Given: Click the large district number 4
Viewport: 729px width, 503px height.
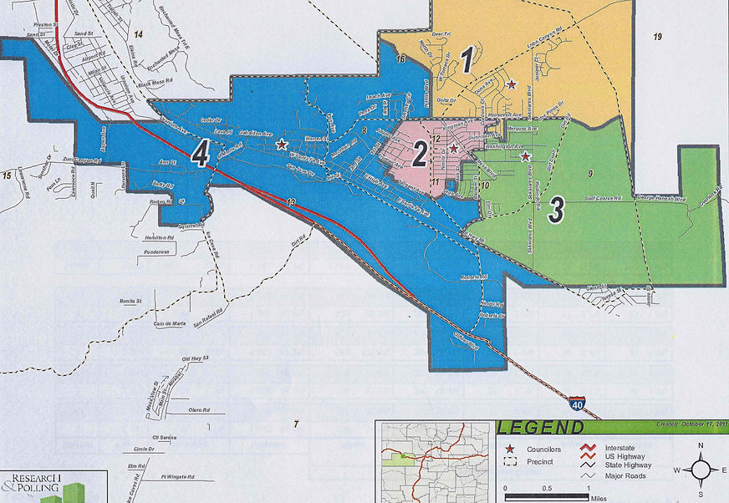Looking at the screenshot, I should pyautogui.click(x=200, y=153).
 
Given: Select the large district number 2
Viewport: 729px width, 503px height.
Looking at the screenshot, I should pyautogui.click(x=420, y=154).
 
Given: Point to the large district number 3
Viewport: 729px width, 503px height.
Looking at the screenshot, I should pyautogui.click(x=555, y=211).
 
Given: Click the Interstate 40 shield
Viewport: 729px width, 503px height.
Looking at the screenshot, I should pyautogui.click(x=579, y=405).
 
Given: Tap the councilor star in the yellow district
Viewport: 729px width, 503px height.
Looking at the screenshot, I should pyautogui.click(x=510, y=84).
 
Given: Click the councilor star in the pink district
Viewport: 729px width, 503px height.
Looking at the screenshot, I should pyautogui.click(x=453, y=148).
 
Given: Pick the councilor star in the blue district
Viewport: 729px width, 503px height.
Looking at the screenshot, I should pyautogui.click(x=282, y=144).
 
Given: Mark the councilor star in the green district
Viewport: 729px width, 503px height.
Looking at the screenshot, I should pyautogui.click(x=525, y=156).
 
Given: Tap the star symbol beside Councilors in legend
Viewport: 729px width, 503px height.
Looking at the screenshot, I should pyautogui.click(x=510, y=449).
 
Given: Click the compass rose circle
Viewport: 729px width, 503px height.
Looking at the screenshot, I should pyautogui.click(x=700, y=470).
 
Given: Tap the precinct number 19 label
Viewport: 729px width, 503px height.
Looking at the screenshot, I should pyautogui.click(x=658, y=36).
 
